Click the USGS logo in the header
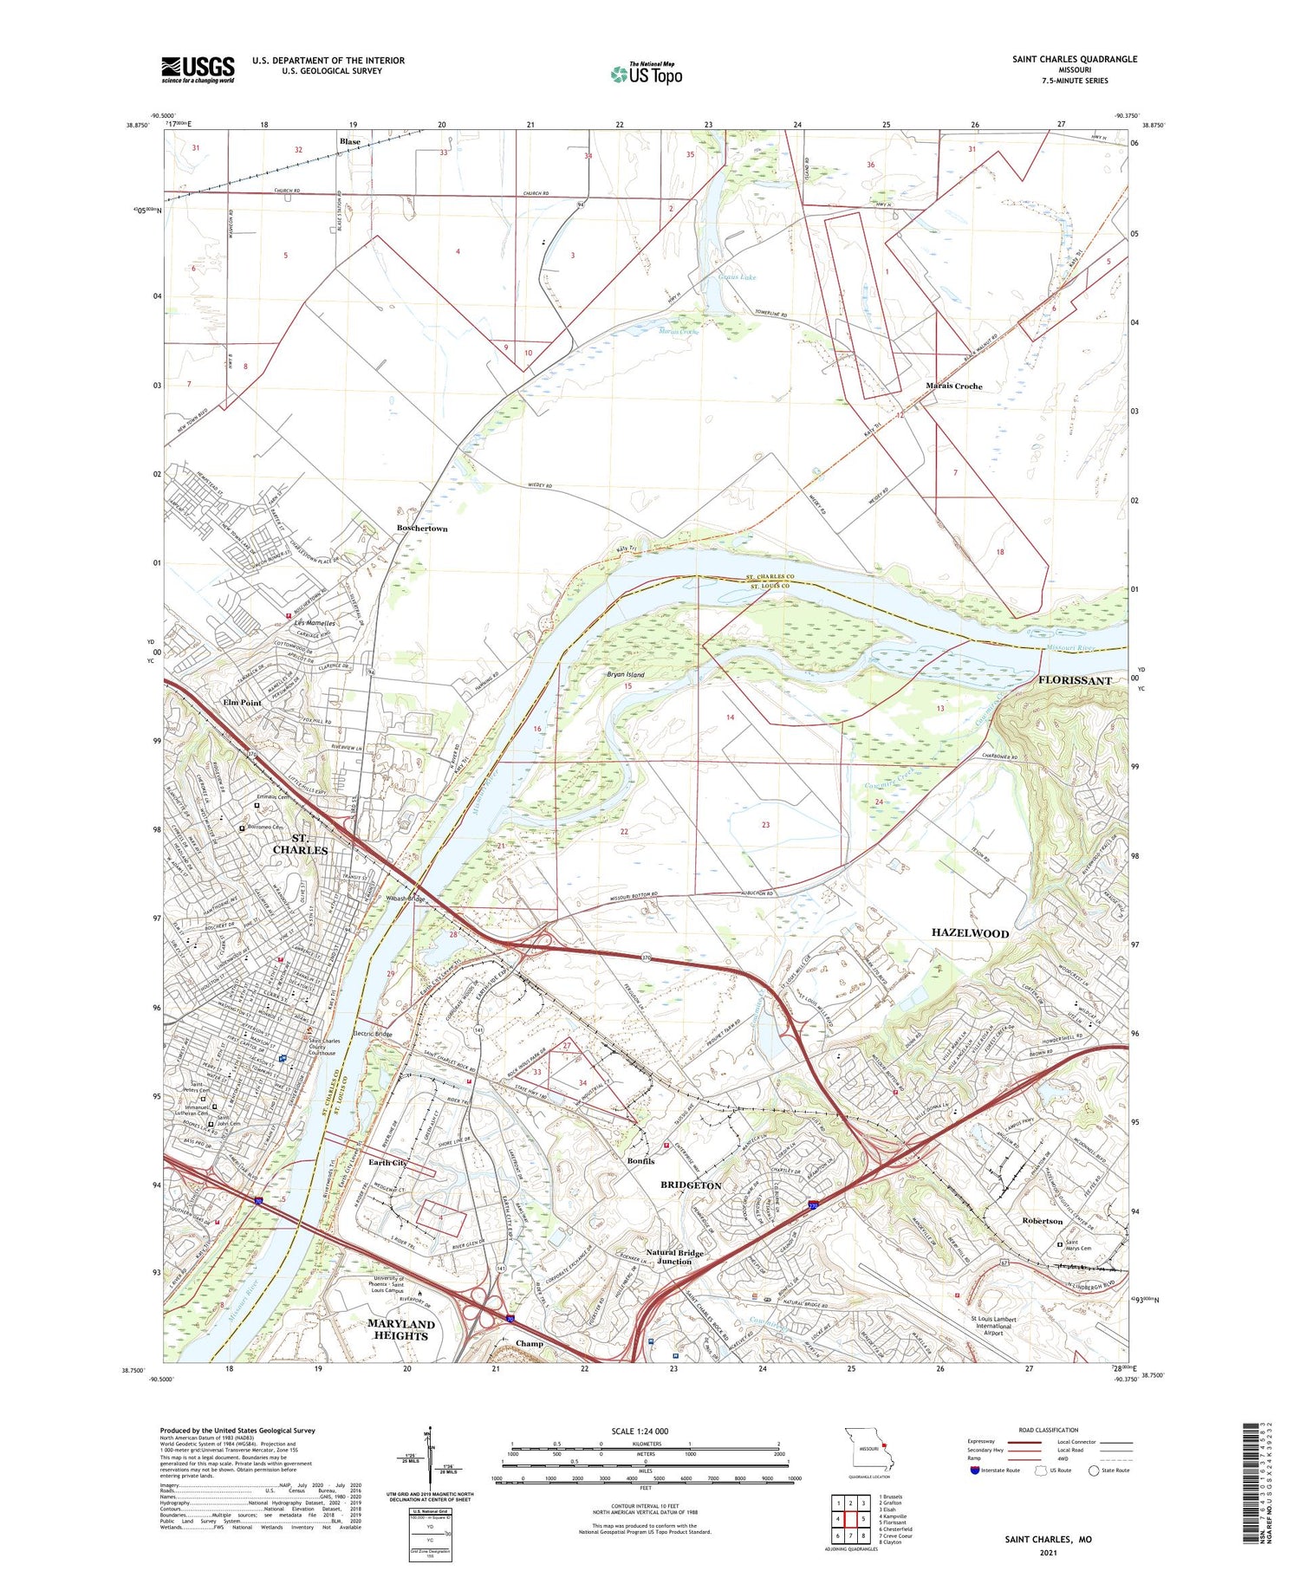[198, 69]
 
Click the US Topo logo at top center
[646, 74]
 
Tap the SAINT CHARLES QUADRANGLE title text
[1074, 59]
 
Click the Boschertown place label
[422, 528]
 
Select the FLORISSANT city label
[1074, 680]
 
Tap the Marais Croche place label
[953, 386]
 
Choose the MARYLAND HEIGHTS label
[400, 1329]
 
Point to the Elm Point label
[242, 703]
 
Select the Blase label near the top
[350, 141]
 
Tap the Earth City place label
[387, 1162]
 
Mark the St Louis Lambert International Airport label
[993, 1326]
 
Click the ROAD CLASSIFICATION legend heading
[1049, 1430]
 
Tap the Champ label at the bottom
[529, 1344]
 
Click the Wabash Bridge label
[405, 899]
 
